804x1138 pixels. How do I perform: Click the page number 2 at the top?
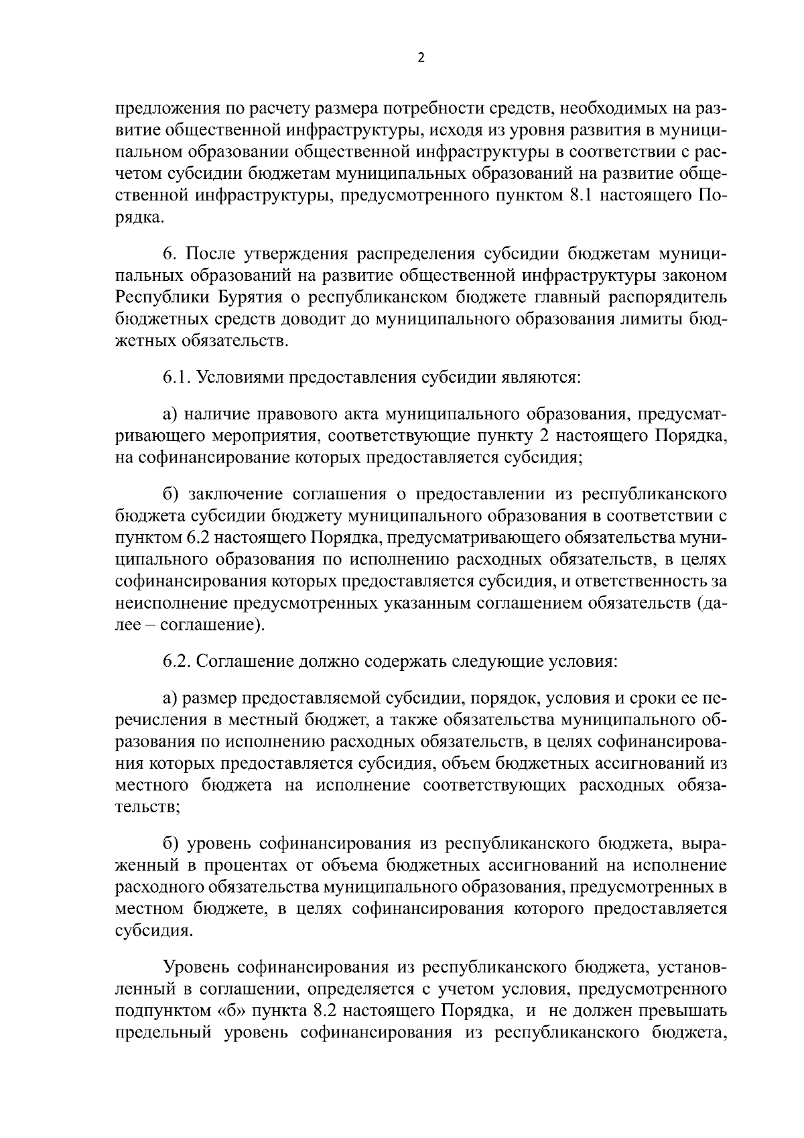tap(421, 58)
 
